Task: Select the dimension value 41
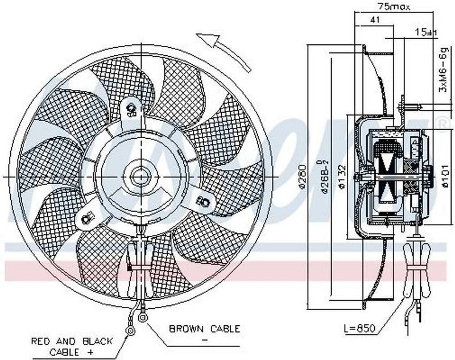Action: pos(374,19)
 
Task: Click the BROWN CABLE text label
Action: pos(205,329)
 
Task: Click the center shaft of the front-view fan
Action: pos(139,175)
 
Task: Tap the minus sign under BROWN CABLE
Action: pos(204,338)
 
